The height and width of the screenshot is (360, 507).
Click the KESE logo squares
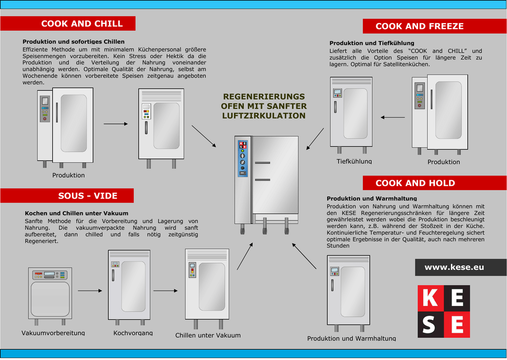coord(444,311)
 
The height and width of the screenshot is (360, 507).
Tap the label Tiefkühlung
coord(354,161)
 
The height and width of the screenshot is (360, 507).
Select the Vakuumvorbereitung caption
coord(53,333)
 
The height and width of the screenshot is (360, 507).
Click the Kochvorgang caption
coord(133,333)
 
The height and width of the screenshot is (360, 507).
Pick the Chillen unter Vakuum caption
coord(208,335)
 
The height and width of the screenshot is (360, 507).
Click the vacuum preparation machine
coord(50,293)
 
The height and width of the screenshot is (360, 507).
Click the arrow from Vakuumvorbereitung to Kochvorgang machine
coord(90,291)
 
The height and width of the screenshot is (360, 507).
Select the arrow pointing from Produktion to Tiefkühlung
coord(393,117)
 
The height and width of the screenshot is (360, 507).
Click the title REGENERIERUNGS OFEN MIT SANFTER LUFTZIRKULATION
coord(263,106)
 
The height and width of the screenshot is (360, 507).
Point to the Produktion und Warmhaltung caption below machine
coord(352,338)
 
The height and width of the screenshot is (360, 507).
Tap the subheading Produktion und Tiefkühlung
coord(372,43)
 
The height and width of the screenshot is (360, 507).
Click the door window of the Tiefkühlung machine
coord(355,113)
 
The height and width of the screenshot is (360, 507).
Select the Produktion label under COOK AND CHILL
coord(68,175)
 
